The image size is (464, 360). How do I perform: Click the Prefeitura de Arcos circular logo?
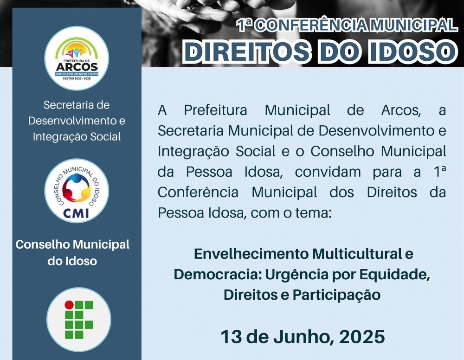click(77, 58)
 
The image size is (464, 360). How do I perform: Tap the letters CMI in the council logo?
click(76, 212)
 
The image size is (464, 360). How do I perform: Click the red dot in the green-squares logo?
click(69, 305)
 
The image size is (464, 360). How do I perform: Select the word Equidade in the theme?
click(395, 275)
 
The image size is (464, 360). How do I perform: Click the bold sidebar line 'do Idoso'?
click(72, 261)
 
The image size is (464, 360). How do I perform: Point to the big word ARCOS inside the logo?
click(77, 67)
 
